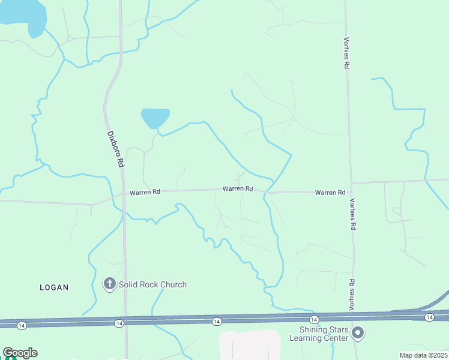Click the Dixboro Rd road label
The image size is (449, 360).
point(115,149)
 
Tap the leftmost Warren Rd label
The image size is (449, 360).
point(145,192)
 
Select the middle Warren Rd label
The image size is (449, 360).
point(238,188)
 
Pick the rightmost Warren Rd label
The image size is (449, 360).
point(330,193)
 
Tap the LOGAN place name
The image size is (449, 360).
point(54,287)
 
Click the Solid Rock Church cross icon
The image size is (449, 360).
point(109,284)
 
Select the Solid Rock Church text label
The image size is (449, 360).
point(152,284)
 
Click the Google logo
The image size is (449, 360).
point(20,353)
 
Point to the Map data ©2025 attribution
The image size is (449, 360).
point(424,355)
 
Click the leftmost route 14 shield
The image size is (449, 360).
point(22,325)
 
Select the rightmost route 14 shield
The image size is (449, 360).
point(429,317)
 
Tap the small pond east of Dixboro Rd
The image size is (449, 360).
point(155,117)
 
